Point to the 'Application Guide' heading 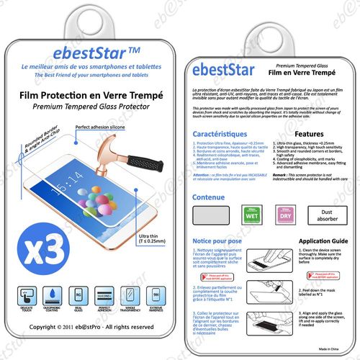tap(309, 243)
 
